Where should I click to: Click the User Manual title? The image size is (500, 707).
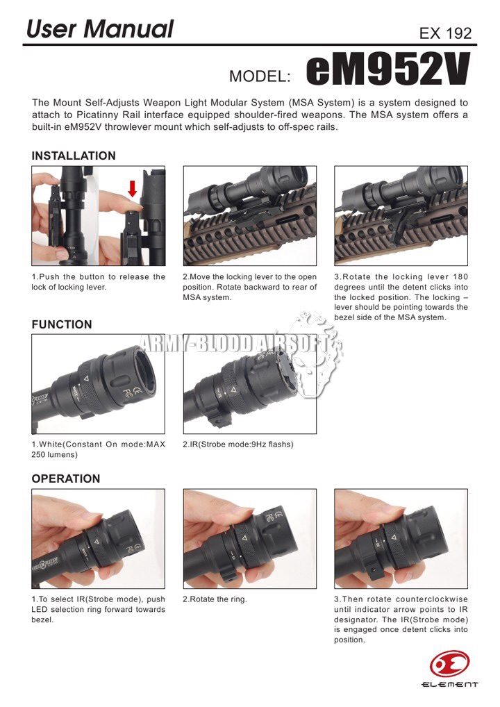click(99, 29)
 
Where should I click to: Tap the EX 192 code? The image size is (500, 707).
click(445, 33)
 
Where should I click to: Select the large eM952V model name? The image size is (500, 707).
click(388, 69)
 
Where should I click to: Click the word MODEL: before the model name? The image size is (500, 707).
click(260, 76)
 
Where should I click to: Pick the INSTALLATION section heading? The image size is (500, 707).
click(74, 156)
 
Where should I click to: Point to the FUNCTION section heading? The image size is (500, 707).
click(62, 324)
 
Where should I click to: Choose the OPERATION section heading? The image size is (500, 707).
click(66, 479)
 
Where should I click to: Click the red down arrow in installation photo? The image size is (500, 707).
click(132, 189)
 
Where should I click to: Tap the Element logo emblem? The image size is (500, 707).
click(449, 664)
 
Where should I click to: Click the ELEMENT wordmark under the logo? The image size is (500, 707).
click(449, 685)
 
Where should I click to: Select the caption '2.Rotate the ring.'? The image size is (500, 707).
click(215, 599)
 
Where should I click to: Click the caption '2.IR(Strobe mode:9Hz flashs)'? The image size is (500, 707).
click(238, 444)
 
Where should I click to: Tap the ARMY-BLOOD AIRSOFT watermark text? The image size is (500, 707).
click(233, 344)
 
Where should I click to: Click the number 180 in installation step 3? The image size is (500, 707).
click(460, 277)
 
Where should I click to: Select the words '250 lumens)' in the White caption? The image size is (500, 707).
click(55, 454)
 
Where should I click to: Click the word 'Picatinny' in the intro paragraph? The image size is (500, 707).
click(97, 115)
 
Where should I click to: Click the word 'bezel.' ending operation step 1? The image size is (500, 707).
click(42, 619)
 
